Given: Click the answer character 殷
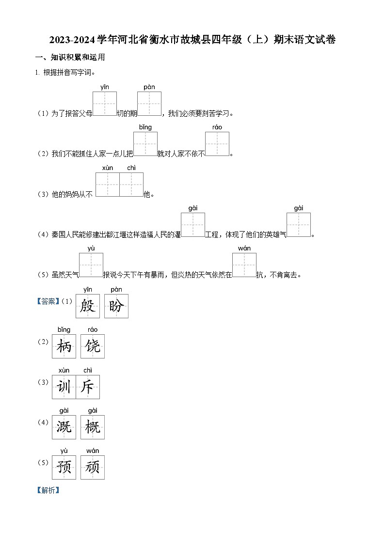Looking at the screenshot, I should click(88, 306).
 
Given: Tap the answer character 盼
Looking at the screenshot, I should click(116, 306).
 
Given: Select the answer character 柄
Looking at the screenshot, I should click(64, 346).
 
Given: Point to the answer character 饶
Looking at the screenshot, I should click(93, 346).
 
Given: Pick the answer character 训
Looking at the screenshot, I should click(64, 387).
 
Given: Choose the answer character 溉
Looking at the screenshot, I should click(64, 427).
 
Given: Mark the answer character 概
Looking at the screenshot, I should click(93, 427).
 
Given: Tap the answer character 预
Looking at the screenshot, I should click(64, 467).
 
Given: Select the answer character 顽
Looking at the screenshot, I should click(93, 467).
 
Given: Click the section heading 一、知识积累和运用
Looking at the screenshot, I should click(70, 57).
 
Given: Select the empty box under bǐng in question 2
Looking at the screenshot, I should click(145, 144).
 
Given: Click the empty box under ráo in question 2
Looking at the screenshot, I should click(217, 144).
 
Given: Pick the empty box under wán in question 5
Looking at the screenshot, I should click(244, 265).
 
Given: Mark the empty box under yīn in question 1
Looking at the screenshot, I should click(105, 104).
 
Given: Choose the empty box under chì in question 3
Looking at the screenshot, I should click(131, 185).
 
